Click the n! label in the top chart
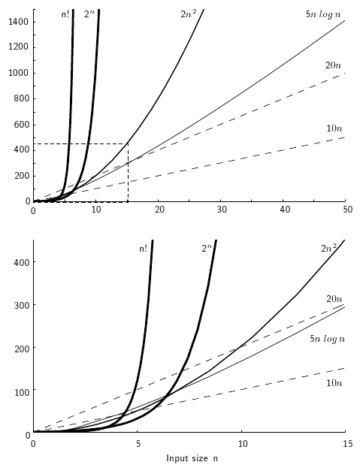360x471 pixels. [x=65, y=14]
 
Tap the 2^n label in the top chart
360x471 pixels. [x=89, y=14]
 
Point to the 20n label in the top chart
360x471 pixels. [x=334, y=65]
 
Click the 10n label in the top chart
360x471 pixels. [x=334, y=128]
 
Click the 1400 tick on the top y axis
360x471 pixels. [x=17, y=21]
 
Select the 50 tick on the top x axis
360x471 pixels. [x=345, y=212]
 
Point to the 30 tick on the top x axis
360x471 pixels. [x=220, y=212]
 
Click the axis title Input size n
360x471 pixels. [x=192, y=457]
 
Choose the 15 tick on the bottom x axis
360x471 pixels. [x=345, y=444]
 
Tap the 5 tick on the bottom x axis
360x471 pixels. [x=138, y=444]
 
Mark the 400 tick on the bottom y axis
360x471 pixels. [x=20, y=261]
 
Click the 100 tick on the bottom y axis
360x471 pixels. [x=20, y=391]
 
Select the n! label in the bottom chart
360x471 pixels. [x=143, y=249]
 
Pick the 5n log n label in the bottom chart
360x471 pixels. [x=327, y=339]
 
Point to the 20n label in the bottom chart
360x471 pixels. [x=334, y=298]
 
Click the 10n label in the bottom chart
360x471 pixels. [x=334, y=383]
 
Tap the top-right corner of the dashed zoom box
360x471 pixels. [x=128, y=143]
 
